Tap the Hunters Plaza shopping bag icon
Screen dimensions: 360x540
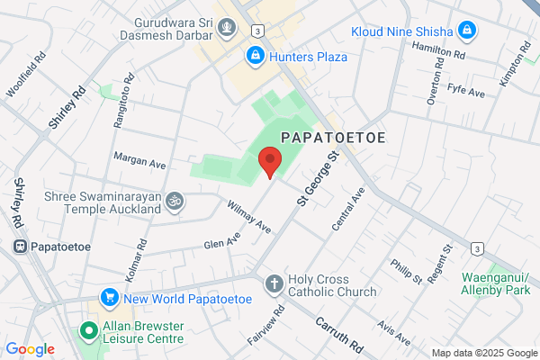256,57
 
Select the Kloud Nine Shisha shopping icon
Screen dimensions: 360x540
466,31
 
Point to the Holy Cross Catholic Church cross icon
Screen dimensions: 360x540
274,285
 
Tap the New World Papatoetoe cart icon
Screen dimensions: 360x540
110,297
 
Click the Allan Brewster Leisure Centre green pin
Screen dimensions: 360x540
89,330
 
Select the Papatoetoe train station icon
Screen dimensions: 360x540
19,246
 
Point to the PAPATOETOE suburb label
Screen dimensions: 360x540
333,137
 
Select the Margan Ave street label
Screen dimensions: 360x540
139,160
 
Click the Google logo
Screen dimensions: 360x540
30,349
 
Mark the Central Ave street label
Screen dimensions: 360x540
346,209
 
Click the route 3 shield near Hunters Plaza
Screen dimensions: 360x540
257,30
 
